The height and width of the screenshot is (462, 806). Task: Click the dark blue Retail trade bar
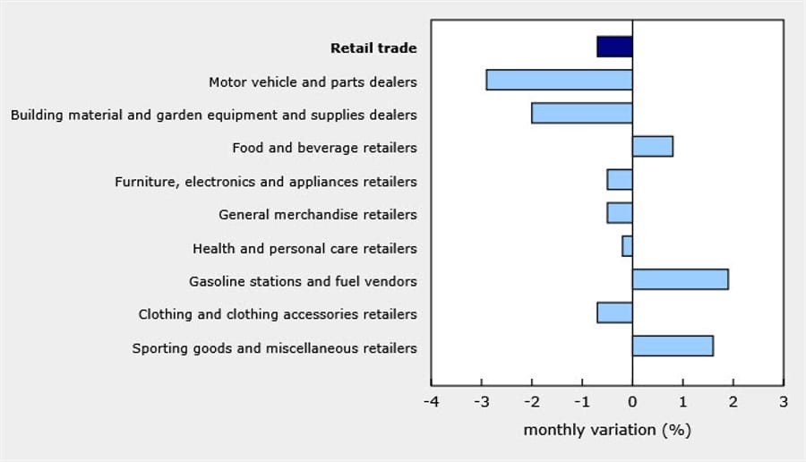click(614, 47)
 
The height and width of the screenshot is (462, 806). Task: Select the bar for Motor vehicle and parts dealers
click(559, 80)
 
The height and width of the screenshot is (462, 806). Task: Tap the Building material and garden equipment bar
click(581, 113)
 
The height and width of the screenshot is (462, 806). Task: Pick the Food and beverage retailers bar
click(652, 146)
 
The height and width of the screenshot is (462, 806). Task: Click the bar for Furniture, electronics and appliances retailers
click(619, 179)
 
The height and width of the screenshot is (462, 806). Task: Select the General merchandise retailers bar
click(619, 212)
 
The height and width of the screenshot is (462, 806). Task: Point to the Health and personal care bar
click(627, 245)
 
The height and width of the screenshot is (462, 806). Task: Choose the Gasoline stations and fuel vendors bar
click(680, 278)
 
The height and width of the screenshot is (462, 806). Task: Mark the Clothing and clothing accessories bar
click(614, 312)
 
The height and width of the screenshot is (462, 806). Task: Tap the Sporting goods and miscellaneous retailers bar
click(673, 346)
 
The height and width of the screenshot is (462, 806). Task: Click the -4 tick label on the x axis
click(431, 401)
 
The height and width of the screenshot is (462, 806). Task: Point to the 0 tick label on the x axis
click(632, 401)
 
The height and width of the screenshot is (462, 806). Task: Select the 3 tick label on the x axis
click(784, 401)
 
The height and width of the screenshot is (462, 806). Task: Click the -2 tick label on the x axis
click(531, 401)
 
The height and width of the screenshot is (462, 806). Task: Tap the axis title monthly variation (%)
click(607, 430)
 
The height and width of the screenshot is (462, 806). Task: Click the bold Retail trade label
click(373, 48)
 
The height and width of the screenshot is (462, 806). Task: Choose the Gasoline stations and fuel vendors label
click(303, 281)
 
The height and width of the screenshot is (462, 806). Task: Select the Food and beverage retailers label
click(324, 148)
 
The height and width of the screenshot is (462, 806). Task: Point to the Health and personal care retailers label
click(304, 248)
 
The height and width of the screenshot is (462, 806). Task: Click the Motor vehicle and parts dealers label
click(313, 82)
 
